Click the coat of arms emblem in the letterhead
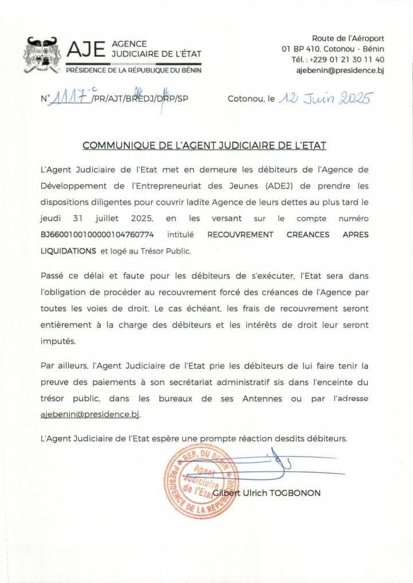click(42, 55)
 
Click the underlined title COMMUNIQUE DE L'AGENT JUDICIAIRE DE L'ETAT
click(204, 145)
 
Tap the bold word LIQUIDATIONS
click(68, 251)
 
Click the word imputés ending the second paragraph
click(58, 340)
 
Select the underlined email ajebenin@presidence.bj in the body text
click(90, 414)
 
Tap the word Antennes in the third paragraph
click(264, 398)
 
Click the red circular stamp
click(201, 480)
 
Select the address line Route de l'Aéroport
click(348, 38)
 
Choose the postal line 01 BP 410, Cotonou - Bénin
click(333, 49)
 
